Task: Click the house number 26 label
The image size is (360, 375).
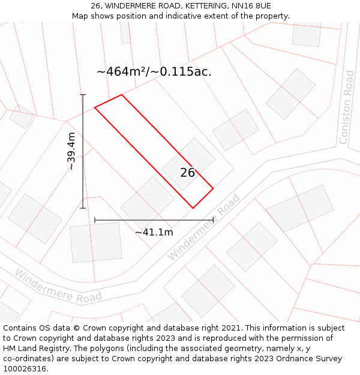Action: click(187, 173)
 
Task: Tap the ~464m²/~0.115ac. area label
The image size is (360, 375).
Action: click(154, 72)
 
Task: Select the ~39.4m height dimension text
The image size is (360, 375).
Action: click(71, 151)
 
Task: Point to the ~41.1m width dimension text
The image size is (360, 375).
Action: click(154, 232)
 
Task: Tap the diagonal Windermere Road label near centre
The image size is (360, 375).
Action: click(204, 227)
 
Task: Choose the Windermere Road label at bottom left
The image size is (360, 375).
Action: click(58, 286)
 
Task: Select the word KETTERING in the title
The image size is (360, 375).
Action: click(202, 6)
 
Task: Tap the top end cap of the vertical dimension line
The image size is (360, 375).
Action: click(83, 95)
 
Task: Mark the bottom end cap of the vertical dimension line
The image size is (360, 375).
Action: click(83, 208)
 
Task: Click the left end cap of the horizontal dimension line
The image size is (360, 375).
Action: click(95, 220)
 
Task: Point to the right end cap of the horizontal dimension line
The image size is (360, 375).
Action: click(213, 220)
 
